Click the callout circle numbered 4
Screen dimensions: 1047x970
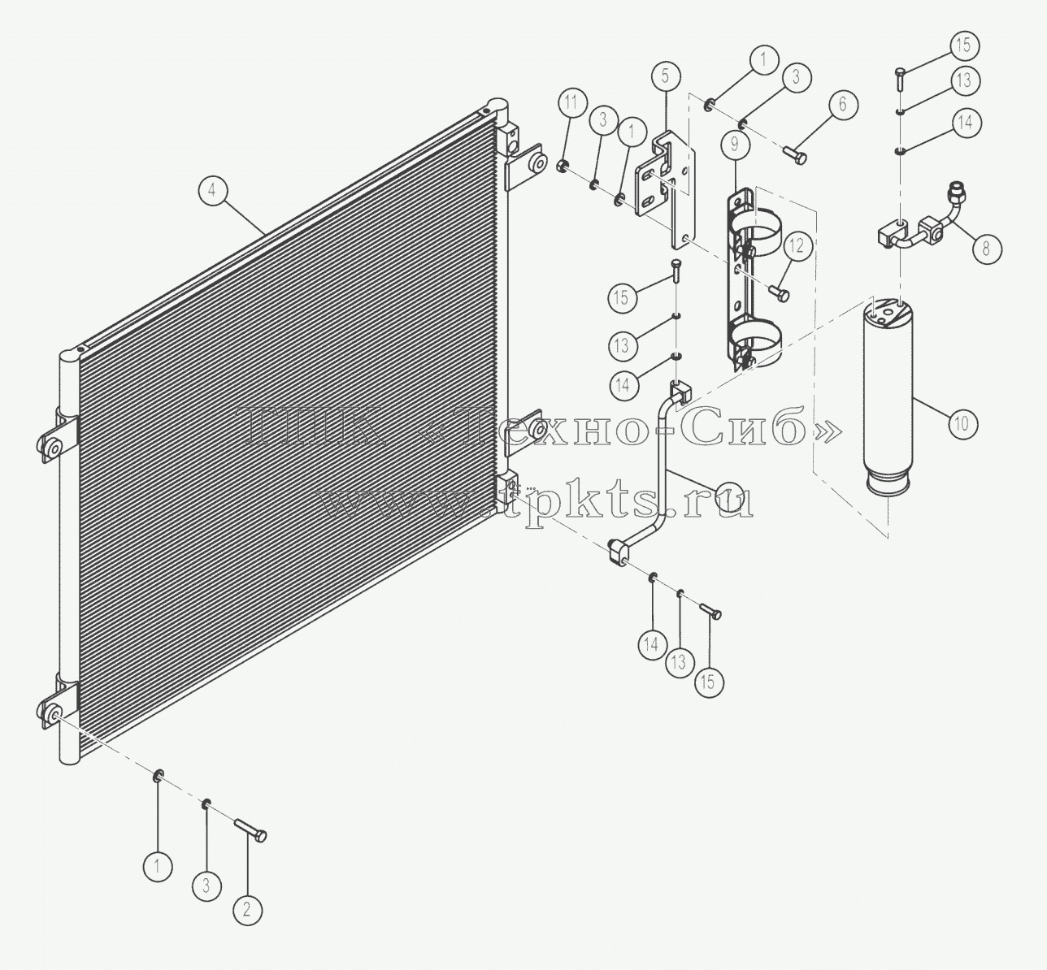tap(212, 191)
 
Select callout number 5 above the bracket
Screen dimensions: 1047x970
tap(665, 76)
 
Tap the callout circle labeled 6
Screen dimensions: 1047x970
tap(842, 104)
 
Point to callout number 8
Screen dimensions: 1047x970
tap(985, 248)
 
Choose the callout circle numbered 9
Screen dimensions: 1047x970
tap(735, 144)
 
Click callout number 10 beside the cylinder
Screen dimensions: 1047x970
tap(962, 423)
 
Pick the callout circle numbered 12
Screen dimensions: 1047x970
tap(797, 245)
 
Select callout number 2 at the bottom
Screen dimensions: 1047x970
tap(247, 909)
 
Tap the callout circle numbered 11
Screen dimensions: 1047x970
tap(571, 102)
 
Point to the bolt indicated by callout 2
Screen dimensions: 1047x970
tap(250, 830)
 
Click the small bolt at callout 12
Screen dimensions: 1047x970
tap(780, 292)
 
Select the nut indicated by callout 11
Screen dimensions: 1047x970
tap(563, 167)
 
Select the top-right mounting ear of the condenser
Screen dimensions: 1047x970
tap(524, 169)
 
